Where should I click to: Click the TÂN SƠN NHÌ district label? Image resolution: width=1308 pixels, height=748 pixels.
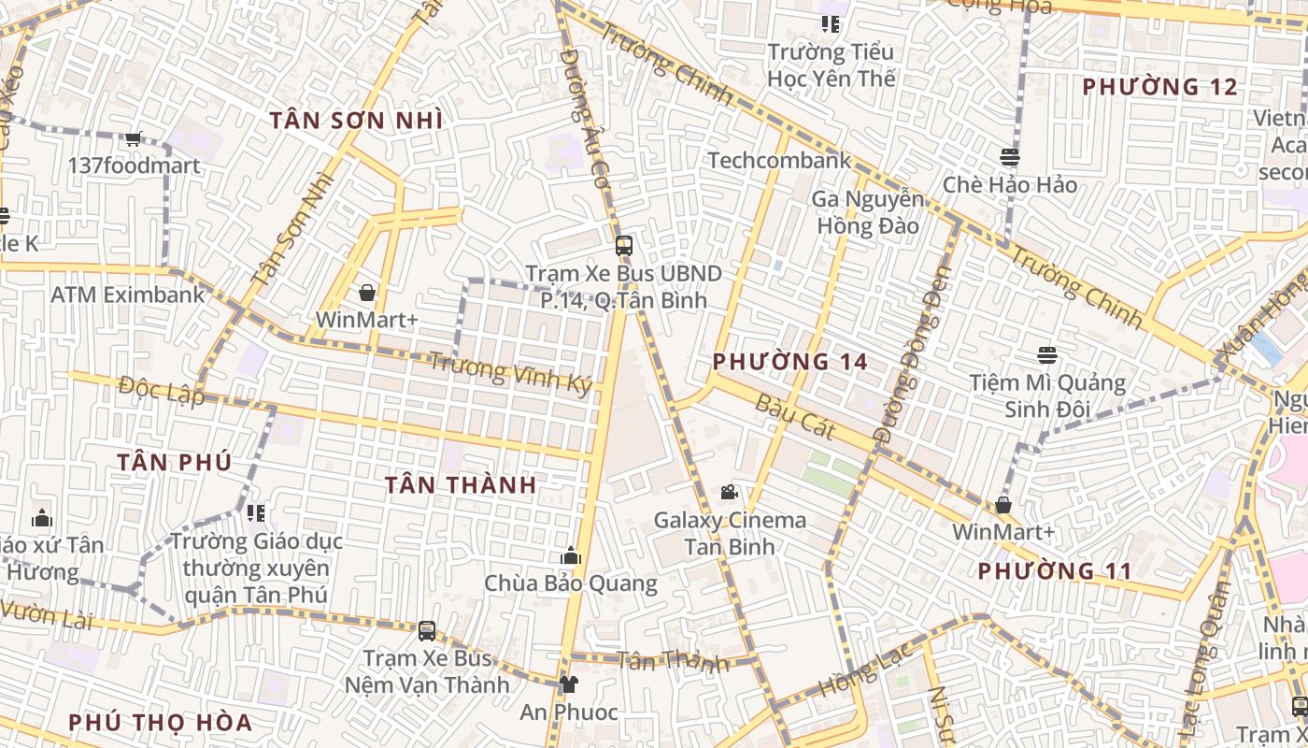[x=356, y=121]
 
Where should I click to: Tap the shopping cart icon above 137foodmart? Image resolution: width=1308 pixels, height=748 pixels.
[x=134, y=138]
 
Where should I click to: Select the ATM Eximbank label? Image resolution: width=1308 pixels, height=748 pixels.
[x=127, y=295]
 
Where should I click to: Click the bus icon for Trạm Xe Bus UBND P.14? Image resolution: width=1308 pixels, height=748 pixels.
[x=623, y=246]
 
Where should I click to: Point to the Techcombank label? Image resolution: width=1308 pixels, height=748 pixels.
[x=779, y=160]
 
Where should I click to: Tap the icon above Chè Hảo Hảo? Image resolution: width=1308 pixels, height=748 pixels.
[x=1009, y=156]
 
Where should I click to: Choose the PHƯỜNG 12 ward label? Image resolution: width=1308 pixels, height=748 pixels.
[x=1159, y=88]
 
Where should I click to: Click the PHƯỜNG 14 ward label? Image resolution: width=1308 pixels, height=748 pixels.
[x=790, y=362]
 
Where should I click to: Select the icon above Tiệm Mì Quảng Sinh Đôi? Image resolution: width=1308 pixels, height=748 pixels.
[x=1046, y=355]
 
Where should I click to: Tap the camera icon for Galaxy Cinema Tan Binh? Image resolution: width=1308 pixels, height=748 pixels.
[x=729, y=492]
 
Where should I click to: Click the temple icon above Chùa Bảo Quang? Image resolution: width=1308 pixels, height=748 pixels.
[x=570, y=556]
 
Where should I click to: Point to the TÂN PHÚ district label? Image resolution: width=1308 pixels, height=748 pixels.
[x=175, y=462]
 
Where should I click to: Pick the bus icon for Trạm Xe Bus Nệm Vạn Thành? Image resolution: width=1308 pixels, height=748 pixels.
[x=427, y=630]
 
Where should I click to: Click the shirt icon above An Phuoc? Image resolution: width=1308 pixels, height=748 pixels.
[x=568, y=684]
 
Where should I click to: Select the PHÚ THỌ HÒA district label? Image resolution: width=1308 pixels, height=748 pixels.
[x=161, y=723]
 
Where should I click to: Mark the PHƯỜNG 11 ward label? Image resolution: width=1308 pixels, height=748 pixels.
[x=1055, y=571]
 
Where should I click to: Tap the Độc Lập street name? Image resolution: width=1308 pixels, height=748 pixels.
[x=162, y=390]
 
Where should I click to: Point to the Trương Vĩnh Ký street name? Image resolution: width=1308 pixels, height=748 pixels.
[x=511, y=372]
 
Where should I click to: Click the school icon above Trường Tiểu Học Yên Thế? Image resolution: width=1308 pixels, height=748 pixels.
[x=830, y=23]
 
